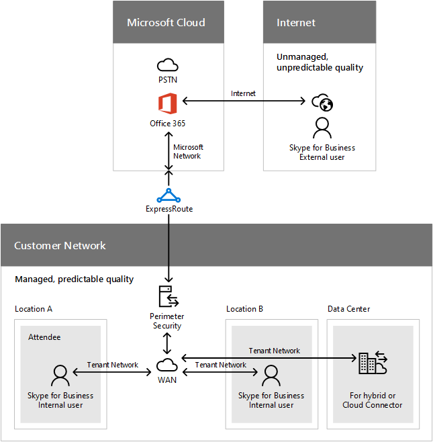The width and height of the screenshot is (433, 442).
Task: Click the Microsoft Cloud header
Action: pyautogui.click(x=166, y=22)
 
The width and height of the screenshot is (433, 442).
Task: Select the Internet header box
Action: pyautogui.click(x=296, y=22)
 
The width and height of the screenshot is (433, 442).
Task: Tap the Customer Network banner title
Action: pyautogui.click(x=60, y=246)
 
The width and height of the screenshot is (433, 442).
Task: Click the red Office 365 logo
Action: pyautogui.click(x=167, y=104)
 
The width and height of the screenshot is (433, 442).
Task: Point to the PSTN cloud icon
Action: pyautogui.click(x=167, y=65)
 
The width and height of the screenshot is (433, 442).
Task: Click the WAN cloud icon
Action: pyautogui.click(x=167, y=365)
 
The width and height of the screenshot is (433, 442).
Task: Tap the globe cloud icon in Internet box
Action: pyautogui.click(x=322, y=103)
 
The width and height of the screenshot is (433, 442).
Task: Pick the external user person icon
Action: pyautogui.click(x=322, y=128)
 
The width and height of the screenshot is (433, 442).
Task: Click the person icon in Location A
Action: pyautogui.click(x=60, y=375)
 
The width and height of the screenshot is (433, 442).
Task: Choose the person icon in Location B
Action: pyautogui.click(x=271, y=375)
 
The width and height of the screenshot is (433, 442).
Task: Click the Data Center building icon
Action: pyautogui.click(x=372, y=363)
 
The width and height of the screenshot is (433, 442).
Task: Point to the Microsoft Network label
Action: pyautogui.click(x=187, y=151)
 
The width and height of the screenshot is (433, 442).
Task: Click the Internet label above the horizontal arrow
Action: pyautogui.click(x=243, y=93)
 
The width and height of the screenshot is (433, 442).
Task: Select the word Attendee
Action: pyautogui.click(x=44, y=337)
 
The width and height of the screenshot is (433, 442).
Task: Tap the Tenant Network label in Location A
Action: pyautogui.click(x=113, y=365)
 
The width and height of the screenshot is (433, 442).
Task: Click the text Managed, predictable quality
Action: pyautogui.click(x=74, y=279)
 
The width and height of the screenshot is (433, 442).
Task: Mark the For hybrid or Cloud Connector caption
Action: pyautogui.click(x=373, y=400)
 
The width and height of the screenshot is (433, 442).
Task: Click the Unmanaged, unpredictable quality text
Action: pyautogui.click(x=320, y=62)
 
